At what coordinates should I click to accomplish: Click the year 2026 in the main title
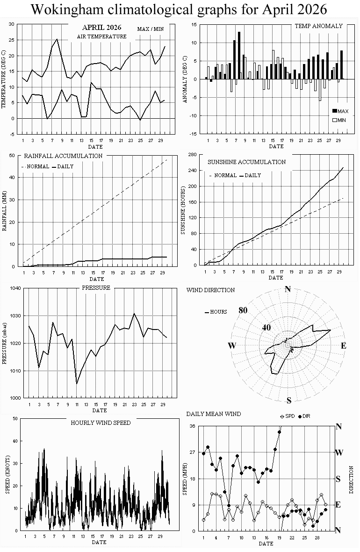312,9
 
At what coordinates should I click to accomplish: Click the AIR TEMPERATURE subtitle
101,36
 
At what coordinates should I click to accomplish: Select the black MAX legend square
335,111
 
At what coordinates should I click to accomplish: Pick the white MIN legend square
335,120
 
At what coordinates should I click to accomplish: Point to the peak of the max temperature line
57,39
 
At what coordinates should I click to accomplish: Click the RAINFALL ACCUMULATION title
63,156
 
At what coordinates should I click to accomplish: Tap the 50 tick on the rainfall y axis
12,155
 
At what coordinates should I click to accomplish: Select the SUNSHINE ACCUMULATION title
246,162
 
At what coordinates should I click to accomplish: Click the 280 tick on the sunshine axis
192,155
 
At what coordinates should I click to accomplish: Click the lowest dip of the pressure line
77,384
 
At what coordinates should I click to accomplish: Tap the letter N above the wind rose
288,289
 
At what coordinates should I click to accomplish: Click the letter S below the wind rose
289,400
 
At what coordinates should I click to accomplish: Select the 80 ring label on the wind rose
243,310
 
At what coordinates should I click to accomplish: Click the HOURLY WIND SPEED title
101,423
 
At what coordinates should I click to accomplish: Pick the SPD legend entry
287,416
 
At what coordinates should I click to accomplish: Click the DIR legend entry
304,416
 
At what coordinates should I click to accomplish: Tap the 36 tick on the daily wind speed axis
192,426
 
